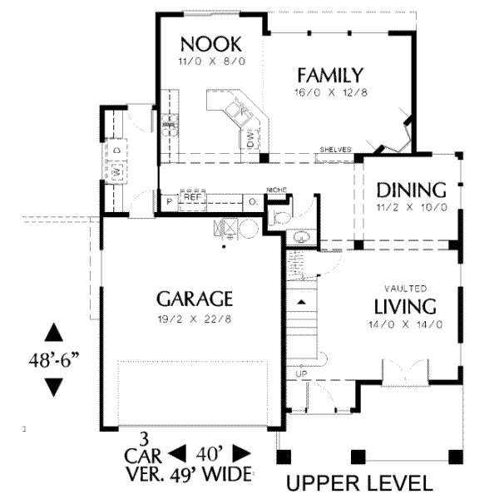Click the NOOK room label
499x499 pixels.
coord(210,43)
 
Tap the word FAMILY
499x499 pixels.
coord(330,74)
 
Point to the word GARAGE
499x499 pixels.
coord(193,299)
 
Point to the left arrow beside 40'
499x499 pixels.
coord(177,454)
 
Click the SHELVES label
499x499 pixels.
coord(334,150)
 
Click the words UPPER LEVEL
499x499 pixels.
coord(359,483)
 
